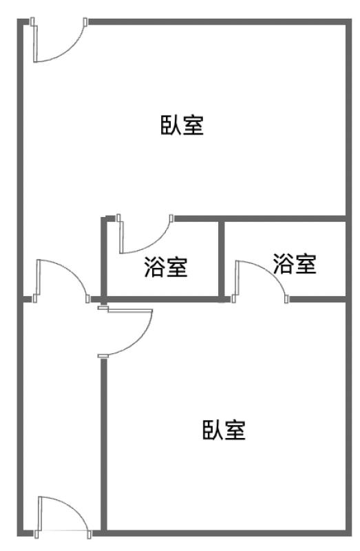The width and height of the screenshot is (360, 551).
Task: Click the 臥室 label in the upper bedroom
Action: click(182, 125)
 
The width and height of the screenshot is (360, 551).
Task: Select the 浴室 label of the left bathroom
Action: click(166, 267)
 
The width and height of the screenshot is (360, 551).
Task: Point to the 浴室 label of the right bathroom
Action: click(295, 264)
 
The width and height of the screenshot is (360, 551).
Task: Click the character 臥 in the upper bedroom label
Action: click(171, 125)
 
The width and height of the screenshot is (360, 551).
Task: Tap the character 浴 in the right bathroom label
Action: click(284, 264)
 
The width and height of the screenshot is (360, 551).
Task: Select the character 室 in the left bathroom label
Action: click(177, 267)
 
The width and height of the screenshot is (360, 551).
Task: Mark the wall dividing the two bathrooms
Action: click(222, 260)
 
